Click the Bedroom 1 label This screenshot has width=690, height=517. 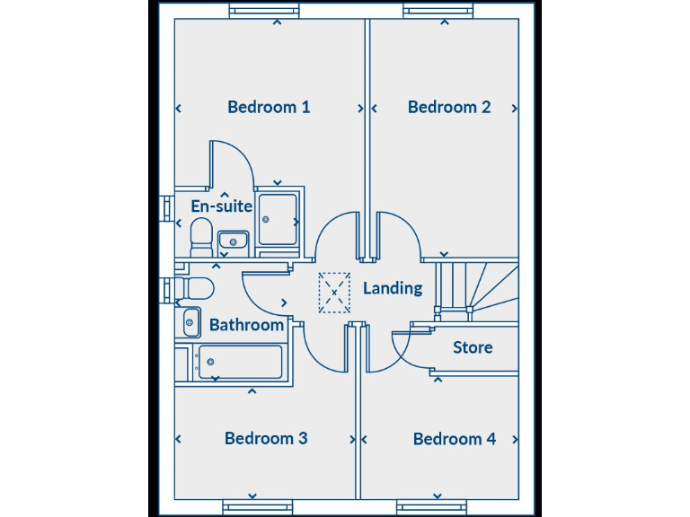pyautogui.click(x=269, y=107)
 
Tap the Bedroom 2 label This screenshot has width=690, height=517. pyautogui.click(x=448, y=107)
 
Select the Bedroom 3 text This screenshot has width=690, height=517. pyautogui.click(x=266, y=438)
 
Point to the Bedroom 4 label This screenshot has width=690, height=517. pyautogui.click(x=454, y=439)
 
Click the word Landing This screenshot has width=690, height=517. pyautogui.click(x=393, y=288)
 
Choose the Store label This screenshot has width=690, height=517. pyautogui.click(x=472, y=347)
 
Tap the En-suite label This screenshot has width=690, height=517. pyautogui.click(x=221, y=206)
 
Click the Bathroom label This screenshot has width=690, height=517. pyautogui.click(x=246, y=325)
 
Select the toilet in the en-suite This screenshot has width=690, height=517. pyautogui.click(x=201, y=237)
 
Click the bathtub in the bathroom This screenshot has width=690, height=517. pyautogui.click(x=239, y=363)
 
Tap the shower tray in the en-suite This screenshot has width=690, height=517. pyautogui.click(x=278, y=219)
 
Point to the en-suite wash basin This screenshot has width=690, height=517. pyautogui.click(x=234, y=241)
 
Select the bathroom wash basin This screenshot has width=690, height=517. pyautogui.click(x=191, y=321)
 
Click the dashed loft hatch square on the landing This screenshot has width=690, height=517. pyautogui.click(x=334, y=292)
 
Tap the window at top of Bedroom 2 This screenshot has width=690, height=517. pyautogui.click(x=438, y=11)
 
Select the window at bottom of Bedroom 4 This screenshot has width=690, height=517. pyautogui.click(x=432, y=507)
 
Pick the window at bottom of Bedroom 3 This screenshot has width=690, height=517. pyautogui.click(x=258, y=507)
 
